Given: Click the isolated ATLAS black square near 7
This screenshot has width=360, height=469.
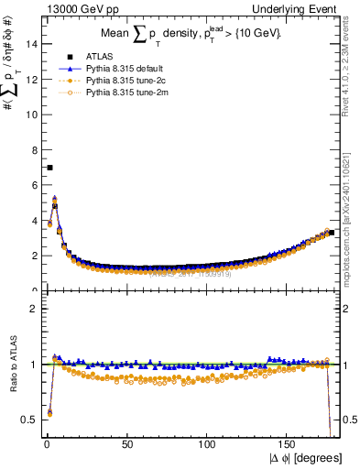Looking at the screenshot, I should [x=49, y=168].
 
